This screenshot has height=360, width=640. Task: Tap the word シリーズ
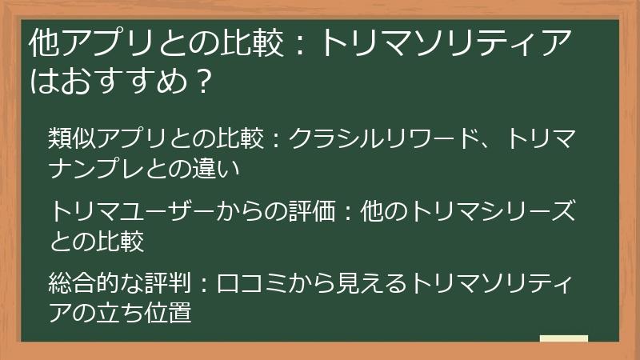point(538,212)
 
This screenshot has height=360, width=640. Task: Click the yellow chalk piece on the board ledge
point(564,338)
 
